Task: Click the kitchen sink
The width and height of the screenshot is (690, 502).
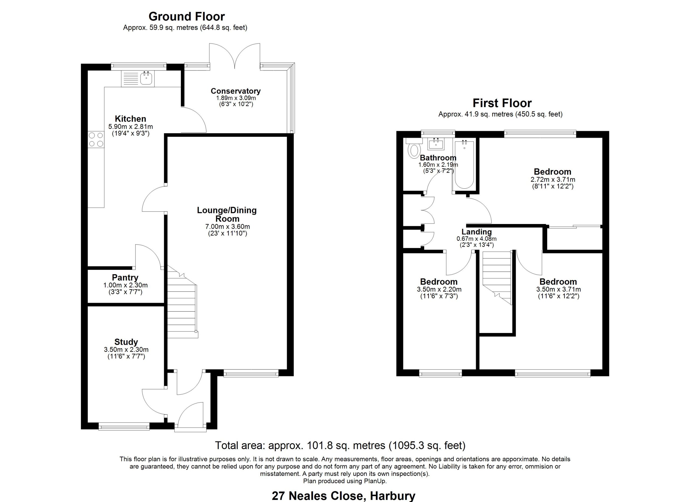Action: click(138, 78)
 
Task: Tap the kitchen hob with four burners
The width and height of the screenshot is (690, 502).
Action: click(96, 140)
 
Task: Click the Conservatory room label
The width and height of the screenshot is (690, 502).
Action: click(236, 91)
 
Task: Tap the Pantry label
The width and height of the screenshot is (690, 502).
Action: click(125, 277)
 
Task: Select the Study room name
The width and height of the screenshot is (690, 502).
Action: click(126, 342)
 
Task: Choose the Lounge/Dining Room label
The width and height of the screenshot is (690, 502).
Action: click(227, 214)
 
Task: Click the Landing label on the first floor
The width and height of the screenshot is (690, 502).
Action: click(477, 232)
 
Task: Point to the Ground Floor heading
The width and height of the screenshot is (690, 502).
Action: click(187, 16)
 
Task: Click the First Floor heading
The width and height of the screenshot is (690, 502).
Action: click(502, 103)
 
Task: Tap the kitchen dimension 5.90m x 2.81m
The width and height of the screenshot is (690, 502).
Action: click(130, 126)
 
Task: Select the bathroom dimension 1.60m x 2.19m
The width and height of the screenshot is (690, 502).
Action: click(438, 165)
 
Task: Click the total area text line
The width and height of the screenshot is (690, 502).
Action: click(340, 445)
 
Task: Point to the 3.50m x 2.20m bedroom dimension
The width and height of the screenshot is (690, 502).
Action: click(439, 289)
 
